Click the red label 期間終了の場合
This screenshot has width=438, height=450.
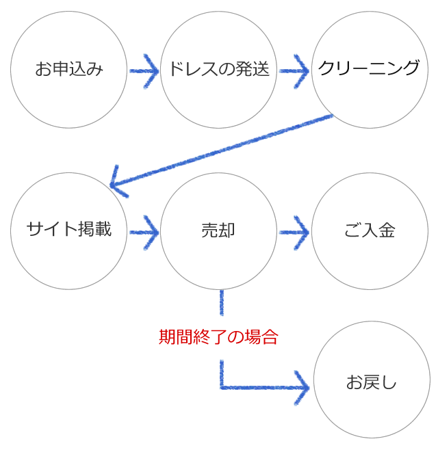point(219,338)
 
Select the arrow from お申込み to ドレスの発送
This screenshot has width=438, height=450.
point(144,69)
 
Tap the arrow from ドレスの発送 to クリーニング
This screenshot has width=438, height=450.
point(294,69)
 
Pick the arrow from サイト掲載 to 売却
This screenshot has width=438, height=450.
point(144,230)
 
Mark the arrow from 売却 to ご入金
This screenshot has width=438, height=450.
point(294,230)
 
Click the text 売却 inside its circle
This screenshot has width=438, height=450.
point(219,230)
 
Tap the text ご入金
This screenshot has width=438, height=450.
point(370,230)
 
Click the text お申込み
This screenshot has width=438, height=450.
point(69,69)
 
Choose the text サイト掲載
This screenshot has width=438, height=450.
point(69,230)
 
